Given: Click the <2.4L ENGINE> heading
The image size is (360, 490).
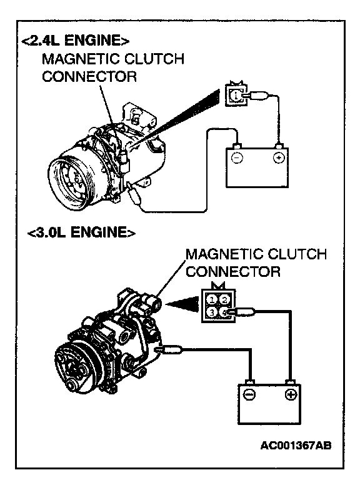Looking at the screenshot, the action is [75, 40].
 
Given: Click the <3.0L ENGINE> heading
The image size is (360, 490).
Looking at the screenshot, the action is [81, 232].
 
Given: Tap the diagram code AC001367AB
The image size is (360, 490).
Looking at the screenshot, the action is [296, 445].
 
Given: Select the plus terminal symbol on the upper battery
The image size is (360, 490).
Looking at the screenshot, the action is [279, 157].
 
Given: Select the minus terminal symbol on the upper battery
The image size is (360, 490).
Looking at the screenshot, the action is [236, 157].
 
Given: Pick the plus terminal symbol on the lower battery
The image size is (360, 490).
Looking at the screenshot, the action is [291, 395].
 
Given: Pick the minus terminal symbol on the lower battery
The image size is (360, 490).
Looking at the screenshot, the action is [249, 395].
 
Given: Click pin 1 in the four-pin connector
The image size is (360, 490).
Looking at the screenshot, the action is [212, 300].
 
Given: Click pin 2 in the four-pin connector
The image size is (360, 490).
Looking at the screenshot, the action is [224, 300].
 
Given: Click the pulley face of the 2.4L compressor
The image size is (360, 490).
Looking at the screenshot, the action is [70, 181].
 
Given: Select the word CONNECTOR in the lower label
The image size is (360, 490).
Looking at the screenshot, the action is [233, 271].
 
